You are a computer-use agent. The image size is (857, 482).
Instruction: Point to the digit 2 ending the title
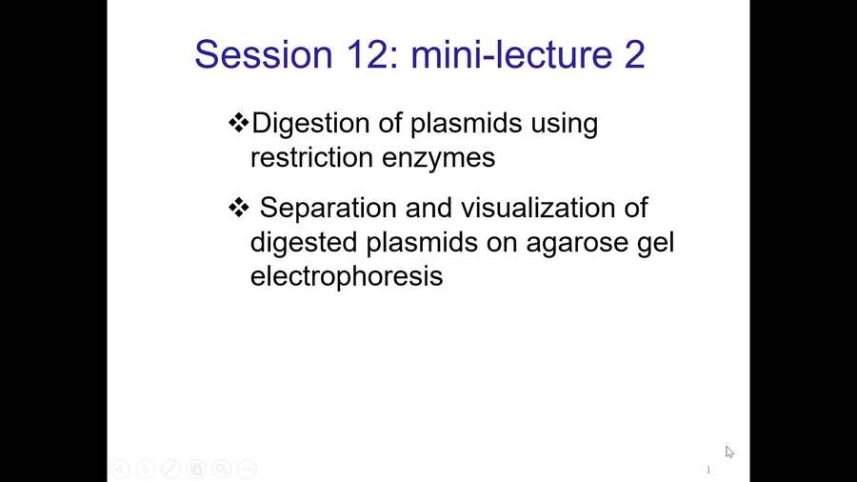(x=633, y=54)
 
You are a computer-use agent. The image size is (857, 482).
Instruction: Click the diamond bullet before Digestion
(x=239, y=123)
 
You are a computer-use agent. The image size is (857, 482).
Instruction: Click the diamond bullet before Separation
(x=239, y=207)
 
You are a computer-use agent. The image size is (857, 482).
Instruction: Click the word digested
(x=304, y=242)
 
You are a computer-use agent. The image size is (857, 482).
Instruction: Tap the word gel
(x=656, y=244)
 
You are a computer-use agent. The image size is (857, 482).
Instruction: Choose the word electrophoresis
(x=347, y=277)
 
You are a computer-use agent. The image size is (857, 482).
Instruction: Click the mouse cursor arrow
(x=728, y=452)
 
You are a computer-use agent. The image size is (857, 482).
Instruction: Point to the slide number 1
(x=708, y=471)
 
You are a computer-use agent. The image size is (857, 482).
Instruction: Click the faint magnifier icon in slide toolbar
(x=221, y=469)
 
